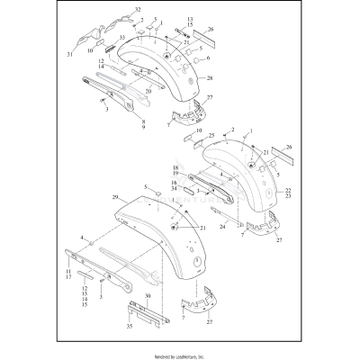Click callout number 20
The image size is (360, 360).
147,92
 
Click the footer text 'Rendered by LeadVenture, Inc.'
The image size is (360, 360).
180,355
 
